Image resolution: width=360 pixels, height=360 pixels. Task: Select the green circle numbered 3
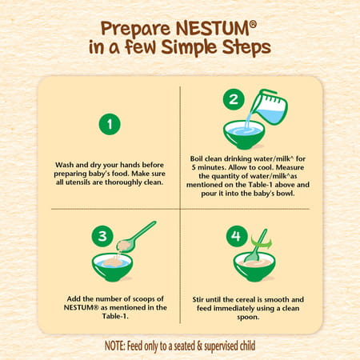click(102, 236)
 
